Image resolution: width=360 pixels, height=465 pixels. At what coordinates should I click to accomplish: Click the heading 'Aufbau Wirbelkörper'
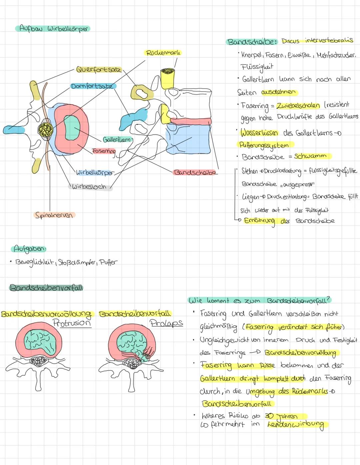point(53,29)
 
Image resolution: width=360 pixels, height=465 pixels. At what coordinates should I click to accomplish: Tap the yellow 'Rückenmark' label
point(164,52)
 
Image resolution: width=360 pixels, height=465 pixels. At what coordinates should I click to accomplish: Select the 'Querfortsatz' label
point(99,70)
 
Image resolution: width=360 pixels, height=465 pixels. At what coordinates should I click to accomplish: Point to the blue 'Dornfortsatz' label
point(93,86)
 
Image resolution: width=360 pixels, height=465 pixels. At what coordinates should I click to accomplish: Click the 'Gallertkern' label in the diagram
point(116,139)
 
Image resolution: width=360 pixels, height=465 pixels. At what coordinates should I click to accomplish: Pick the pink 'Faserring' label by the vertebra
point(104,151)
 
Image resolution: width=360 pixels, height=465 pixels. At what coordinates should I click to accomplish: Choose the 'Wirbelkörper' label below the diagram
point(95,173)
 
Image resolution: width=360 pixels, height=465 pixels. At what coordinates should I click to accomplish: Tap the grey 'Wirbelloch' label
point(90,187)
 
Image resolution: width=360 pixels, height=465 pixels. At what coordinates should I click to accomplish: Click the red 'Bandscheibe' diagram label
point(195,172)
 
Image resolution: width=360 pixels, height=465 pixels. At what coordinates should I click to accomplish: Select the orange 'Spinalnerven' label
point(54,215)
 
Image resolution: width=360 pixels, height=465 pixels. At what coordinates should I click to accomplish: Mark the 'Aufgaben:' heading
point(29,249)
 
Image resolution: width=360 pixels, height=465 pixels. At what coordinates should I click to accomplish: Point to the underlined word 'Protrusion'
point(72,323)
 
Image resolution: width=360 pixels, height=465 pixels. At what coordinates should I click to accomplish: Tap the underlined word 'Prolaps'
point(166,323)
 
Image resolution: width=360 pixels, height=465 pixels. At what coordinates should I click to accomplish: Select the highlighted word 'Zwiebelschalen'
point(298,105)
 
